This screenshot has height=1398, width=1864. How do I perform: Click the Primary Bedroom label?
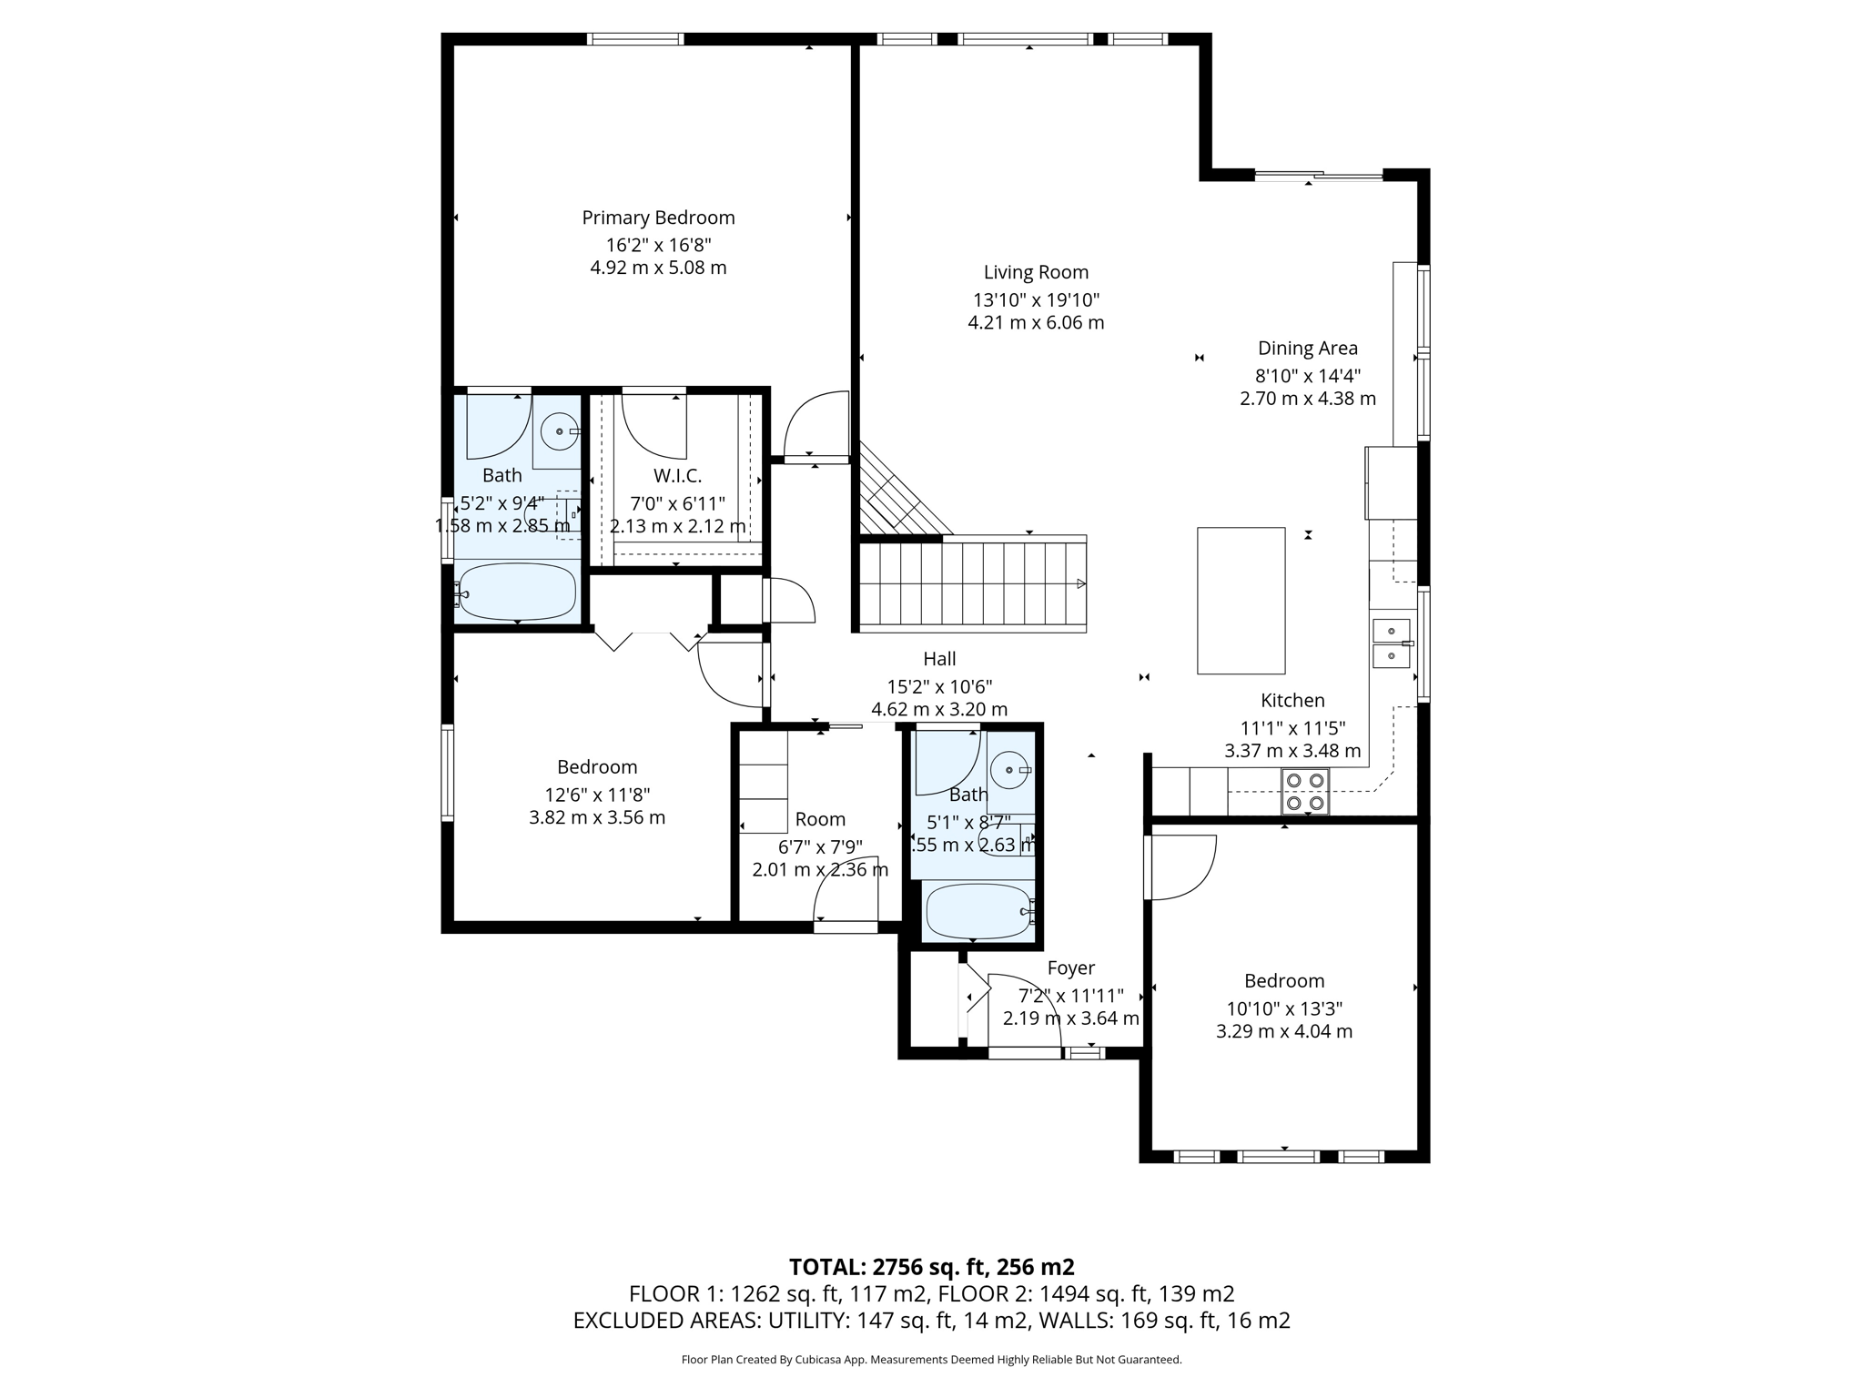(x=658, y=218)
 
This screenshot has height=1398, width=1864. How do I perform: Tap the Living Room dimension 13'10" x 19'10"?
(x=1036, y=299)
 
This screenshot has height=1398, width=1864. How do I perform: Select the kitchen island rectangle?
(x=1241, y=601)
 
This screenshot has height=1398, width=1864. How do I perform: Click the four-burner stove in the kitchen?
(x=1304, y=792)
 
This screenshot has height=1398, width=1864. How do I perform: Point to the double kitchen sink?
(x=1391, y=643)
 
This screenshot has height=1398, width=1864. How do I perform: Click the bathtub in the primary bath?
(x=517, y=593)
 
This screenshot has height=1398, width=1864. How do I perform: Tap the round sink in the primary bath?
(x=558, y=431)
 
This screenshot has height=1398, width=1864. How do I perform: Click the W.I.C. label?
(x=677, y=476)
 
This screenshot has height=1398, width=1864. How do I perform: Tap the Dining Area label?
(x=1307, y=348)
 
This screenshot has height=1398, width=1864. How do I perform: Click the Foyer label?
(x=1070, y=968)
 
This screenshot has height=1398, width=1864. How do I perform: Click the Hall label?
(x=939, y=659)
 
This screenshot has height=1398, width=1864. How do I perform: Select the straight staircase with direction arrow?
(x=974, y=583)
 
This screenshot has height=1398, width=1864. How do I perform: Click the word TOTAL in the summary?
(x=826, y=1267)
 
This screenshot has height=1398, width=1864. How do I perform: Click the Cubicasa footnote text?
(x=931, y=1360)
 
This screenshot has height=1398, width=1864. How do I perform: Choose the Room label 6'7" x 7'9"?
(x=819, y=819)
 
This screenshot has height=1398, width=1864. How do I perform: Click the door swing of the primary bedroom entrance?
(x=816, y=425)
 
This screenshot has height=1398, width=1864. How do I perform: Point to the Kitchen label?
(x=1292, y=701)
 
